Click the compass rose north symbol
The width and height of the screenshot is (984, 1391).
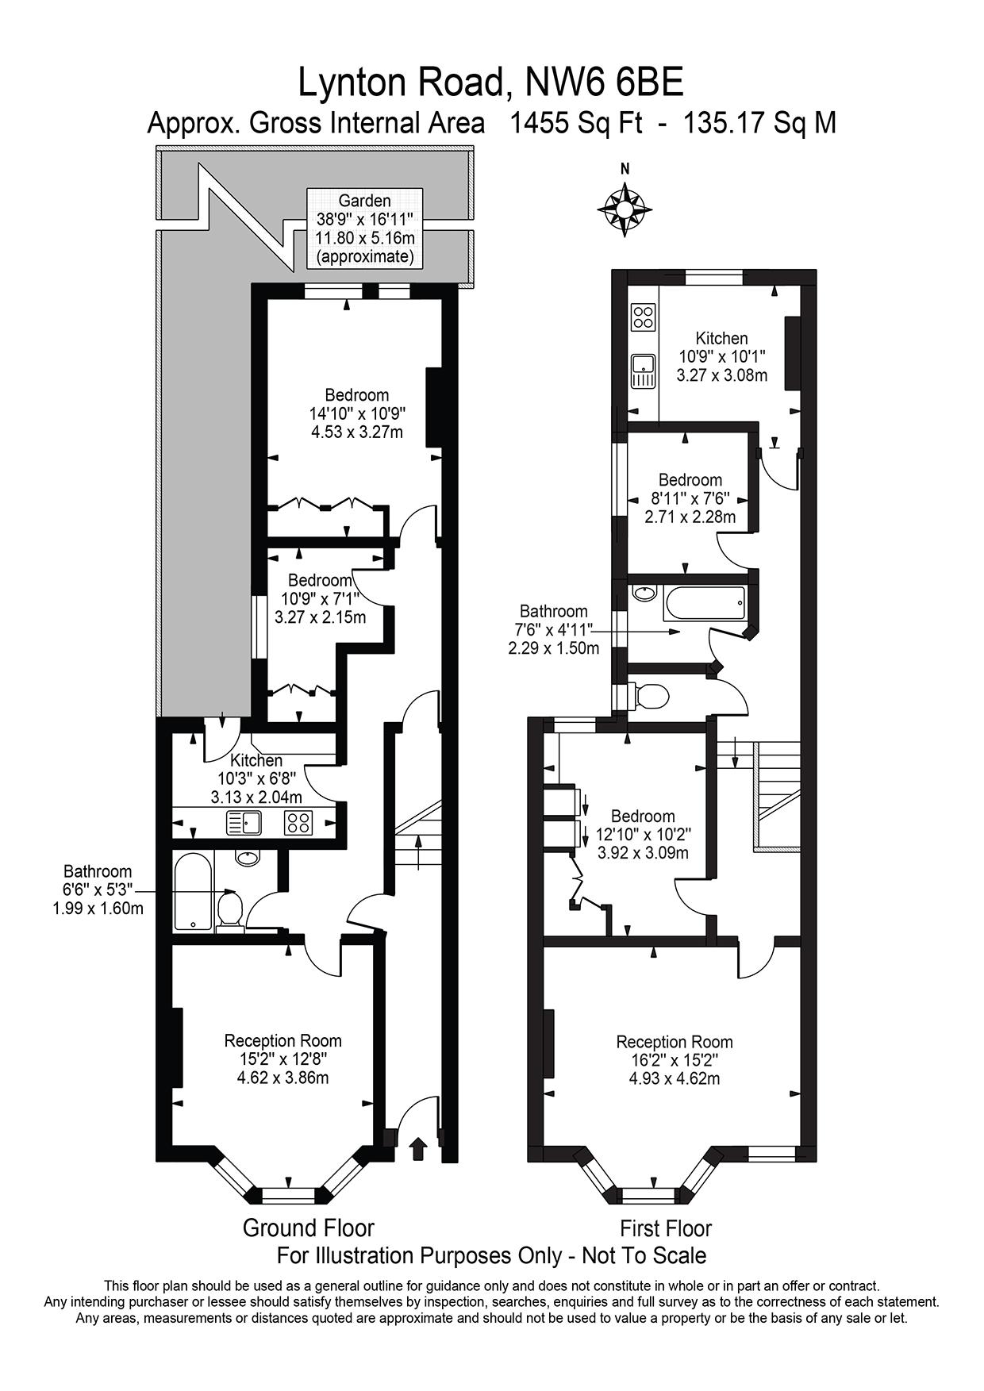point(625,209)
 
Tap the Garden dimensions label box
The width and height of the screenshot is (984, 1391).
point(364,229)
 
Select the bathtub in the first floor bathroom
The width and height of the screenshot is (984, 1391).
point(705,605)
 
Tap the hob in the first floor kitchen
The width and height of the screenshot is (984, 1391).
point(643,317)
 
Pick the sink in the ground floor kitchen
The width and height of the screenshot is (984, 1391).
point(244,824)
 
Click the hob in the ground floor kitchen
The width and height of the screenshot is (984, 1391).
point(298,824)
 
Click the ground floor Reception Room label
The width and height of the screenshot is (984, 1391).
point(283,1059)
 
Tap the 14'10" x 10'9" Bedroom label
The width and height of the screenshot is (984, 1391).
point(357,413)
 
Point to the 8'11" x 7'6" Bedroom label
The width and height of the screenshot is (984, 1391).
point(690,498)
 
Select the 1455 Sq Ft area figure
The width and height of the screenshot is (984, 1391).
point(575,124)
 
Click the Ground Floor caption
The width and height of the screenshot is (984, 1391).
point(308,1228)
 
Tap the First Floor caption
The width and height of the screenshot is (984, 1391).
point(665,1228)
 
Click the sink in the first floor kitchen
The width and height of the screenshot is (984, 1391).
point(643,371)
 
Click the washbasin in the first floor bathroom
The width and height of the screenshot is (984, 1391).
point(642,593)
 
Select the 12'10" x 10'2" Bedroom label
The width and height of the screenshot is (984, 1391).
point(643,834)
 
